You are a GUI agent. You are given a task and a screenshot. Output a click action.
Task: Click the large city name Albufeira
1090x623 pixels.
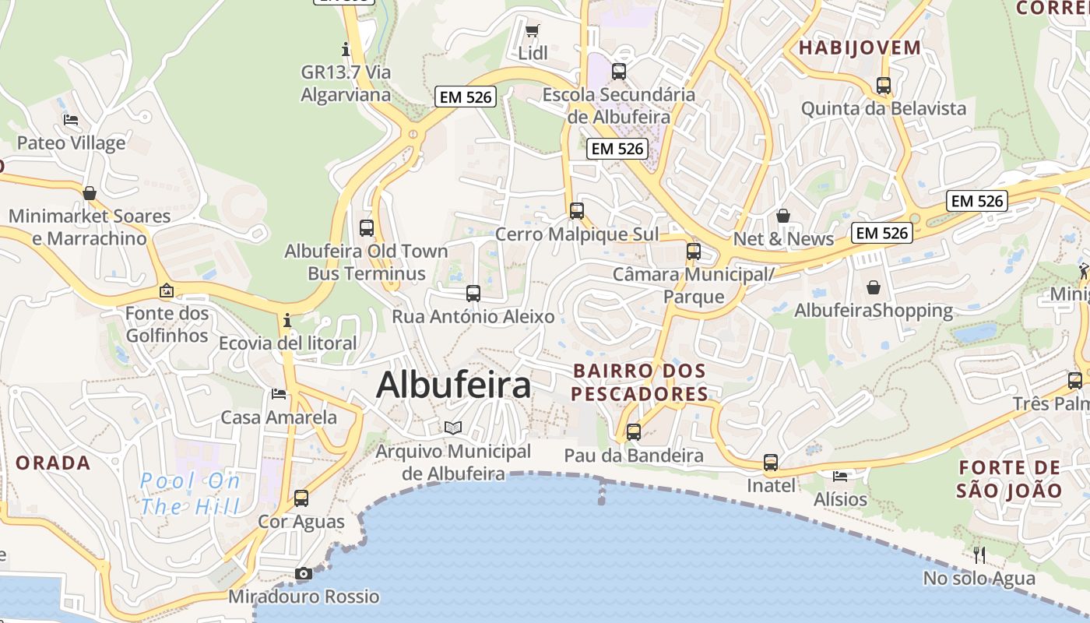point(454,385)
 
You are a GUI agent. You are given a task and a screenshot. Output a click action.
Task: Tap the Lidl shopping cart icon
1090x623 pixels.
point(533,31)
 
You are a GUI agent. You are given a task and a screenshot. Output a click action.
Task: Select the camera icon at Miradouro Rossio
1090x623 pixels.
point(304,574)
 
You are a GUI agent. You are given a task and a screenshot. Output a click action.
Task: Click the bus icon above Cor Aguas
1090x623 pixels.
point(301,498)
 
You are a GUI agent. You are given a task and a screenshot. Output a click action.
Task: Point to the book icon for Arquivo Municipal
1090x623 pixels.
point(453,428)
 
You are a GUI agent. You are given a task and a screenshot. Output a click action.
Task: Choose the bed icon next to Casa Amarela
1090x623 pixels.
point(279,394)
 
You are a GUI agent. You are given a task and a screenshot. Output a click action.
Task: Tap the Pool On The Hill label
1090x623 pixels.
point(190,494)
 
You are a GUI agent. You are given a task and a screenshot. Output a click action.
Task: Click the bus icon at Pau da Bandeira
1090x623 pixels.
point(634,432)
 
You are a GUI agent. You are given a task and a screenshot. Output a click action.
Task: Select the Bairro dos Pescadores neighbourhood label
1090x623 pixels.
point(640,382)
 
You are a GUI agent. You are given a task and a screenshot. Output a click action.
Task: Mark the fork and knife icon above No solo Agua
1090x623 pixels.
point(979,555)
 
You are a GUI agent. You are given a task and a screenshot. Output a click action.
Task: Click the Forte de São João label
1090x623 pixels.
point(1009,479)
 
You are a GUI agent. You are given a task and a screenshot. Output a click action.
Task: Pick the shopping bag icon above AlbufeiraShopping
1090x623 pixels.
point(874,287)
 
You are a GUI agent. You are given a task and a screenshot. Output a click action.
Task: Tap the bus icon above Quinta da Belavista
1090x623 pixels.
point(884,86)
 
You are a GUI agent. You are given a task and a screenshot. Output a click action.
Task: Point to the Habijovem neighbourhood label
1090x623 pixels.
point(860,48)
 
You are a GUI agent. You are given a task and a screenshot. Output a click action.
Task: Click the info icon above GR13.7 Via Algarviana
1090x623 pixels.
point(346,50)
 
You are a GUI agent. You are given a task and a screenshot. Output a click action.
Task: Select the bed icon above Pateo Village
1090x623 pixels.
point(71,120)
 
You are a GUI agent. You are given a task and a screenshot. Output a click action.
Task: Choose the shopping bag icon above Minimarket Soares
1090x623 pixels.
point(90,193)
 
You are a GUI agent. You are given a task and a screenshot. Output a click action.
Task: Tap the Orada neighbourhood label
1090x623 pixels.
point(54,463)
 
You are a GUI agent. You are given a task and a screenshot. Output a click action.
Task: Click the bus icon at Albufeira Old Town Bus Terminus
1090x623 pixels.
point(367,228)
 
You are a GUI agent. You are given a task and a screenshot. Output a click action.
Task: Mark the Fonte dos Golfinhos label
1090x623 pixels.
point(167,325)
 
